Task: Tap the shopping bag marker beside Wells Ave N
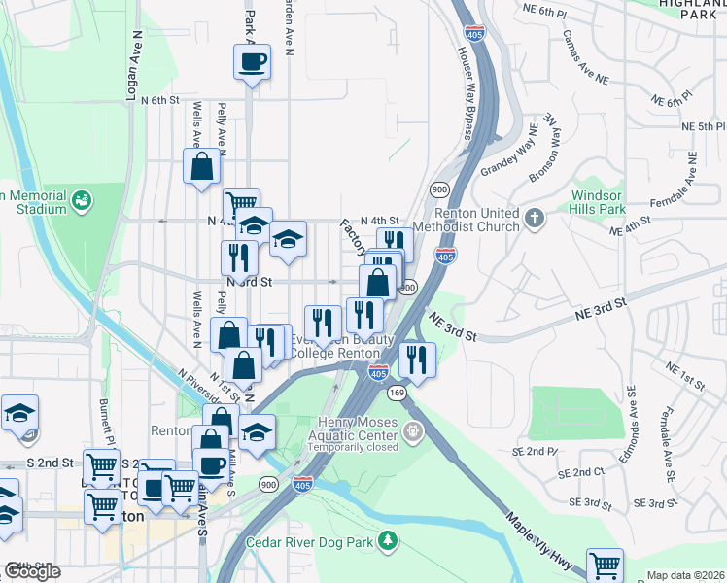(x=201, y=165)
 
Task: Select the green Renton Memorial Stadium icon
(x=82, y=201)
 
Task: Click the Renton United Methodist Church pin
(x=534, y=219)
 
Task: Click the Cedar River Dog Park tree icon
(x=388, y=540)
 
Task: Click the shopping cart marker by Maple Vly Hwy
(x=605, y=565)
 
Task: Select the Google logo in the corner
(x=32, y=571)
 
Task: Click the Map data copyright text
(x=684, y=575)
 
